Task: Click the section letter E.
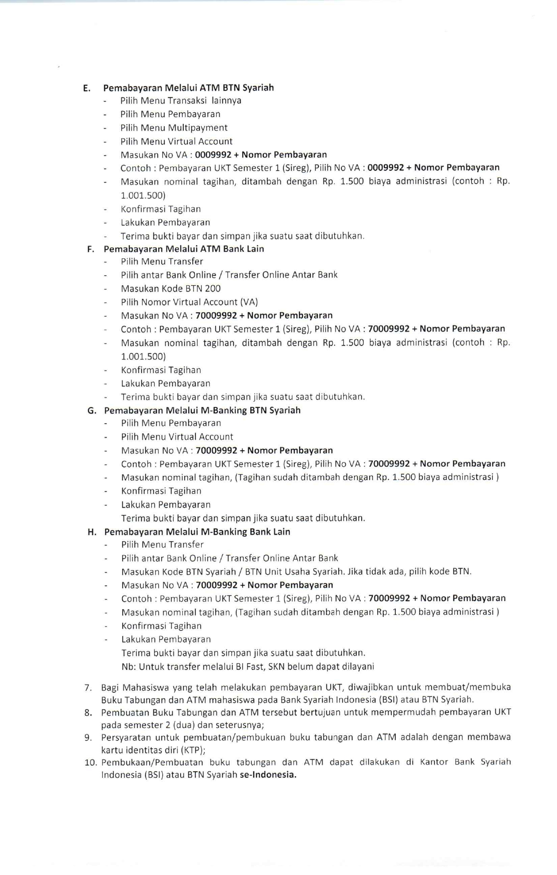coord(86,88)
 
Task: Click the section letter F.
coord(90,249)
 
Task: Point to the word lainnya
coord(226,101)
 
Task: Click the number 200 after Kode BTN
coord(212,289)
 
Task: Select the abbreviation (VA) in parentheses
coord(249,302)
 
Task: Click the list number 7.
coord(88,688)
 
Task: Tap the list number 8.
coord(88,713)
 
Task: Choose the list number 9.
coord(88,738)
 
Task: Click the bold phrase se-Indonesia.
coord(268,775)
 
